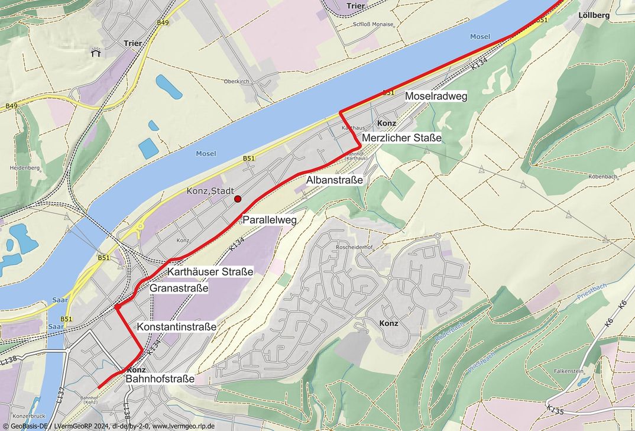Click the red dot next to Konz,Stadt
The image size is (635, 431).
[238, 199]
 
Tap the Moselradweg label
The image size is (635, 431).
[436, 96]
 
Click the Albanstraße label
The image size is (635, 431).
[334, 179]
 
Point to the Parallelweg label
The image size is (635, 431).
[269, 219]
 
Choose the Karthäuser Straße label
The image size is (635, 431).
[210, 272]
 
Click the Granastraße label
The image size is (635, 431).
[179, 289]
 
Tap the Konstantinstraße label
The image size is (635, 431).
[176, 326]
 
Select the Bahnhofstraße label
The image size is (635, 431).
[160, 378]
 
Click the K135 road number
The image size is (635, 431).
[555, 409]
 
